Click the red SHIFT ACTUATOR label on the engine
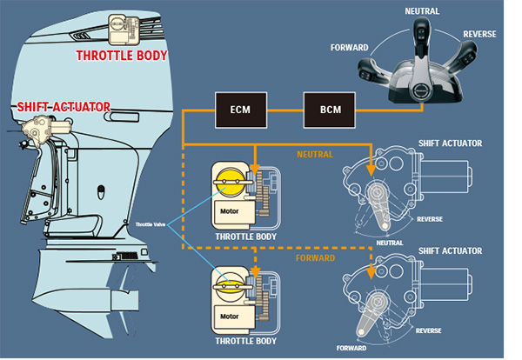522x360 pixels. [x=64, y=107]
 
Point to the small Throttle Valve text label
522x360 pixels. [x=151, y=224]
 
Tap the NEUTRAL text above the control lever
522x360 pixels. [x=422, y=11]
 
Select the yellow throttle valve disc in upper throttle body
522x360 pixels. [x=231, y=182]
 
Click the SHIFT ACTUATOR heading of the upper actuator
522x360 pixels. [x=450, y=143]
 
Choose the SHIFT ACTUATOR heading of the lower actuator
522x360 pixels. [x=450, y=251]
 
